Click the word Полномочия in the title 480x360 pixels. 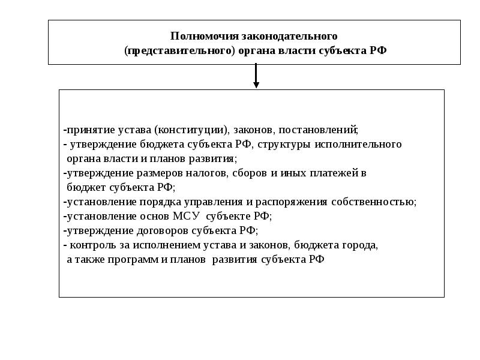[x=197, y=37]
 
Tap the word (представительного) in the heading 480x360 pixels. [x=178, y=51]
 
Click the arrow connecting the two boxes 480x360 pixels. [x=256, y=76]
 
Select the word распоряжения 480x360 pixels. [x=289, y=202]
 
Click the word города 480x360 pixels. [x=362, y=245]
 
